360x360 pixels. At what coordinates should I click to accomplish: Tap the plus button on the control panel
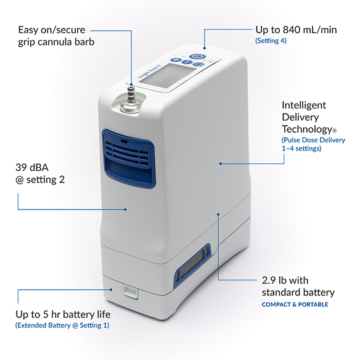point(176,60)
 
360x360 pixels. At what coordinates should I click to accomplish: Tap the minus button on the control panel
point(187,62)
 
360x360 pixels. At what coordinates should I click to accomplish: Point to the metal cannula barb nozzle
point(131,99)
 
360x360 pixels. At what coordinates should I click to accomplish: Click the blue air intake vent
point(129,158)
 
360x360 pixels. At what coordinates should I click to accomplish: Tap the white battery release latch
point(130,291)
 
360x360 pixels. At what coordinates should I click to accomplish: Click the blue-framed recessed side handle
point(192,264)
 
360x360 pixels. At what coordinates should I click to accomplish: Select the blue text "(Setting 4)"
point(271,41)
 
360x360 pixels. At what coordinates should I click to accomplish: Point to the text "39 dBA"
point(32,168)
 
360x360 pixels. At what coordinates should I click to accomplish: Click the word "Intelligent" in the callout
point(304,105)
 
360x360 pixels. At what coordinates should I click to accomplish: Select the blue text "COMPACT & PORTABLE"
point(295,305)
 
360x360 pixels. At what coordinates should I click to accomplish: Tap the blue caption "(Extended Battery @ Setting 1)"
point(62,325)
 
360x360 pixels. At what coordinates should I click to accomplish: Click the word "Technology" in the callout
point(307,129)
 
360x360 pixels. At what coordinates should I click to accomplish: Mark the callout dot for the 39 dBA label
point(125,210)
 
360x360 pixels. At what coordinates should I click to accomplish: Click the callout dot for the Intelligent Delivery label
point(221,164)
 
